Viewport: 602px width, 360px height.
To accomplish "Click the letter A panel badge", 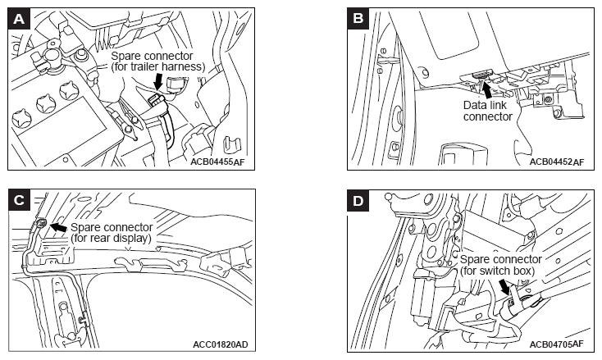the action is pos(19,19).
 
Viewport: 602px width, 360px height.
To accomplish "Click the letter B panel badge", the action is pos(358,19).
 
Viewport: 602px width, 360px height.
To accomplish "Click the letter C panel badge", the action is pos(19,200).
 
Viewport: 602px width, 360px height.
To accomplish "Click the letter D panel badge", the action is pos(358,201).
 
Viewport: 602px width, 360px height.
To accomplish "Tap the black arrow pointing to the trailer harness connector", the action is pos(157,81).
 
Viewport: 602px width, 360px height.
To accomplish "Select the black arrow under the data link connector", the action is pos(487,90).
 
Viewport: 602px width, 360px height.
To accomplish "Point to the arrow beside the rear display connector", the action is pos(58,227).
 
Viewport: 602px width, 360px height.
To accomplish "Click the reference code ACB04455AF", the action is pos(217,162).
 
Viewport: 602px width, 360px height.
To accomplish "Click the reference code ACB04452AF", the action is pos(557,162).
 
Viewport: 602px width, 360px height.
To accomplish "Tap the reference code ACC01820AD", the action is pos(221,344).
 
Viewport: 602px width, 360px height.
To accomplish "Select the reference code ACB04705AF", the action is pos(557,344).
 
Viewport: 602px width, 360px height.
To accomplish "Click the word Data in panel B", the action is pos(473,105).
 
